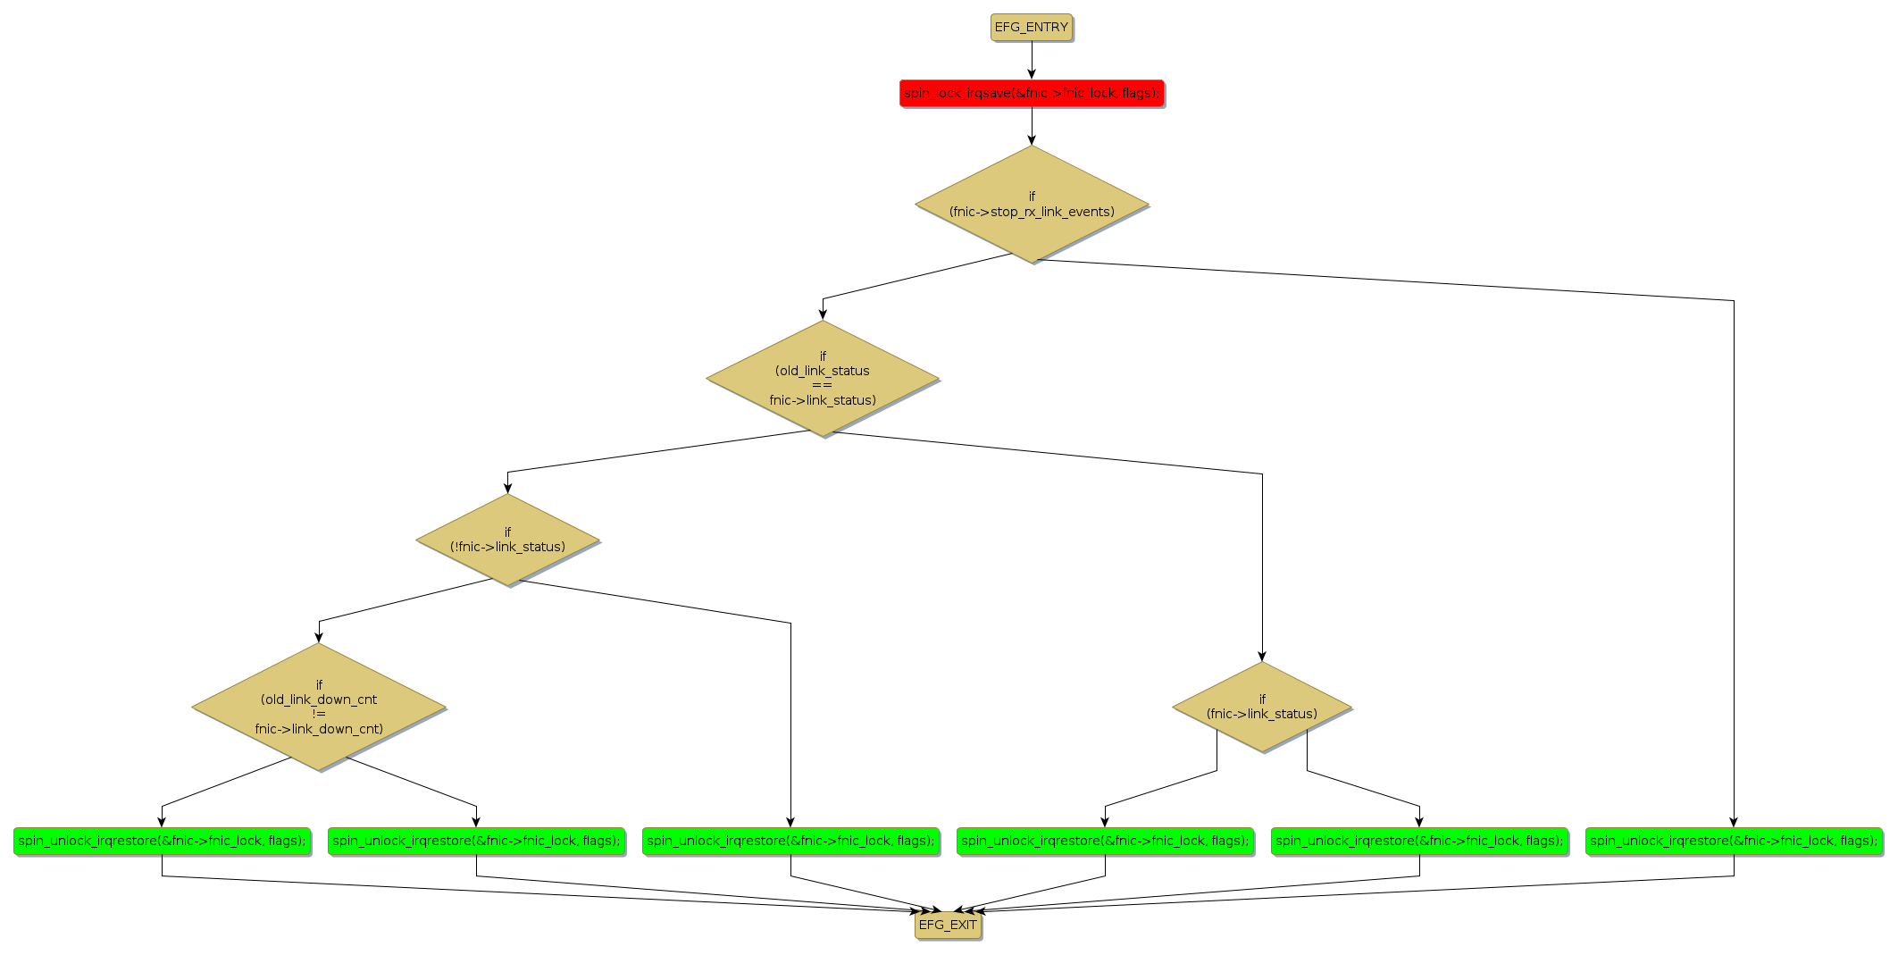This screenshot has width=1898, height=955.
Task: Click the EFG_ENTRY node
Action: tap(1031, 28)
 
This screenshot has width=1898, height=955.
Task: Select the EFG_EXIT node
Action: tap(948, 925)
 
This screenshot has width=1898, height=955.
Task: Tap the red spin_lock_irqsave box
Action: tap(1031, 93)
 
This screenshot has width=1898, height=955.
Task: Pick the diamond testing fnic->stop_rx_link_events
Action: tap(1031, 205)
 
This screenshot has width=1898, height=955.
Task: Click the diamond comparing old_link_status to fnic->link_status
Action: tap(822, 379)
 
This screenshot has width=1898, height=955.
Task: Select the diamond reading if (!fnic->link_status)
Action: tap(507, 540)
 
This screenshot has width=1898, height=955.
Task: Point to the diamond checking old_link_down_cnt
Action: tap(319, 708)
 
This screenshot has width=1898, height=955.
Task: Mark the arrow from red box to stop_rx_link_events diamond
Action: tap(1031, 125)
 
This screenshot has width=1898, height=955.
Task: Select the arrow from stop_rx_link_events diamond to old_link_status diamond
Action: tap(911, 277)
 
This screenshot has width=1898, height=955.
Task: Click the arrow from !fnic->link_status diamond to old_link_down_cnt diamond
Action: tap(402, 600)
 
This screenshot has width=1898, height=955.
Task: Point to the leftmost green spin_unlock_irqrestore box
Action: tap(162, 841)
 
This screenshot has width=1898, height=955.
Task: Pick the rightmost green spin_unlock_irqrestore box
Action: tap(1733, 841)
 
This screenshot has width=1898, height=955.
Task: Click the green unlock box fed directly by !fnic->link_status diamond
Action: tap(790, 841)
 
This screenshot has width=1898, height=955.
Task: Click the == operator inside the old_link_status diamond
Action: tap(822, 385)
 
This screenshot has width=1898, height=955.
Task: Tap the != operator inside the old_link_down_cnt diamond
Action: tap(319, 714)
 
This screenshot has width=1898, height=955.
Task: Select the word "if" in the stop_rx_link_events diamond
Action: tap(1032, 197)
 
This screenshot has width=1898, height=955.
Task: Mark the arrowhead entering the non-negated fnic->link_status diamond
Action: tap(1261, 656)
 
